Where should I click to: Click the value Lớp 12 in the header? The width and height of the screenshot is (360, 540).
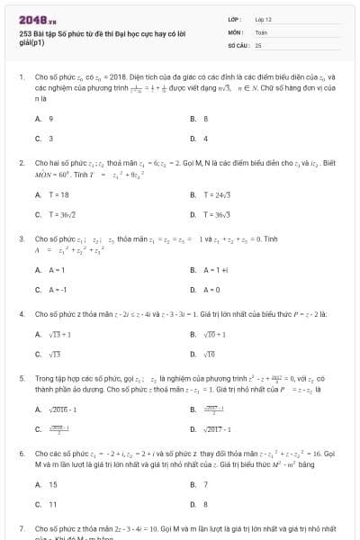click(264, 18)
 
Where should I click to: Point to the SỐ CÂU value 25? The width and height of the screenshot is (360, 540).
click(258, 43)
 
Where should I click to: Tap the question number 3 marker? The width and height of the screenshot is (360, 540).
click(21, 239)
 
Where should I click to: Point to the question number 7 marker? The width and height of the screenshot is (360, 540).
click(21, 528)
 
